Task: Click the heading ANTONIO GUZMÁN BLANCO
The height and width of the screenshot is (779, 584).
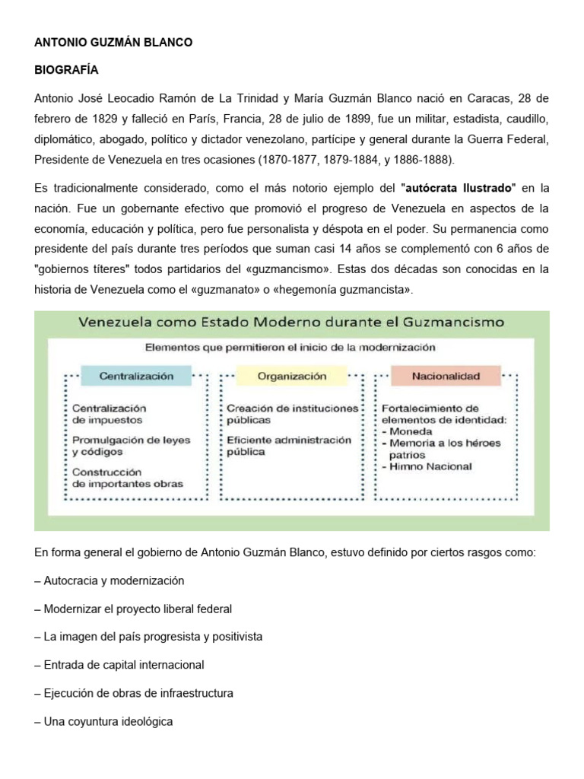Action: [x=113, y=43]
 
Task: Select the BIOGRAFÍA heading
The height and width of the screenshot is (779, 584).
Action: [x=66, y=70]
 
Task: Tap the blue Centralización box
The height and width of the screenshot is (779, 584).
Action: [x=136, y=376]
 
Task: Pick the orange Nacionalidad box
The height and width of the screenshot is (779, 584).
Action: [x=446, y=376]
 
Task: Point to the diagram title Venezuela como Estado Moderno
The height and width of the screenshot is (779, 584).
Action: [x=291, y=322]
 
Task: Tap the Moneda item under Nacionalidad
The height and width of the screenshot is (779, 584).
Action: [x=411, y=431]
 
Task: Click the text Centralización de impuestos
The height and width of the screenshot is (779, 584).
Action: [x=109, y=414]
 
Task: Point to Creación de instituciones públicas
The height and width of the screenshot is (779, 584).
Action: [x=292, y=414]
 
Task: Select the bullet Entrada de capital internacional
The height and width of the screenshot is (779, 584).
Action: [x=119, y=665]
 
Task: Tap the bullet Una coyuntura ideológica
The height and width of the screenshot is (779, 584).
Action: [x=103, y=721]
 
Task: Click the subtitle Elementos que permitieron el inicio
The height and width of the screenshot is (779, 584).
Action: [x=290, y=347]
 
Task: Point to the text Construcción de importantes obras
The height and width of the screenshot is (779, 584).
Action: [x=127, y=478]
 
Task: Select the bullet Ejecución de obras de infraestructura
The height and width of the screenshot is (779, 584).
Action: [x=133, y=693]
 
